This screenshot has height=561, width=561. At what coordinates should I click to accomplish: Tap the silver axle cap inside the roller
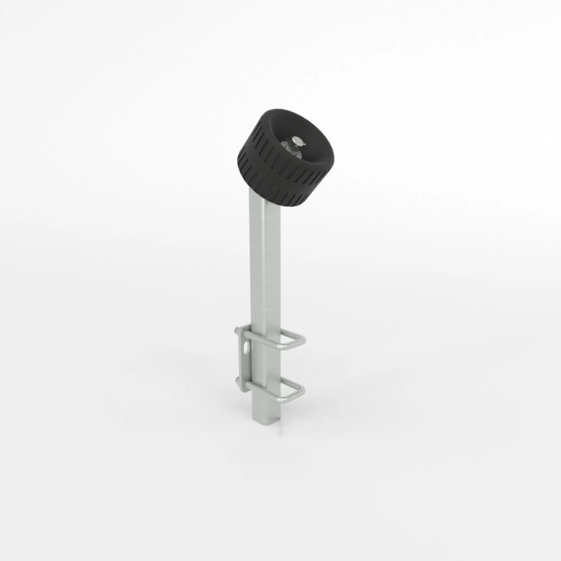297,142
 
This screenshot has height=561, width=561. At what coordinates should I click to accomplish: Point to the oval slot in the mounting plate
243,349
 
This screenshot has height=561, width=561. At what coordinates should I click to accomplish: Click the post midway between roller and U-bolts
265,264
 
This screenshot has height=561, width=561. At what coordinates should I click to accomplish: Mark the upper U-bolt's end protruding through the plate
238,331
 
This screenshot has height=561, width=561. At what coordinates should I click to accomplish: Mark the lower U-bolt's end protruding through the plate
239,381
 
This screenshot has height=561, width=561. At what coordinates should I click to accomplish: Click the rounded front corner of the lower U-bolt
302,394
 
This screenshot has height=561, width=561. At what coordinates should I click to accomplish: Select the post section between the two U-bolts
265,369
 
